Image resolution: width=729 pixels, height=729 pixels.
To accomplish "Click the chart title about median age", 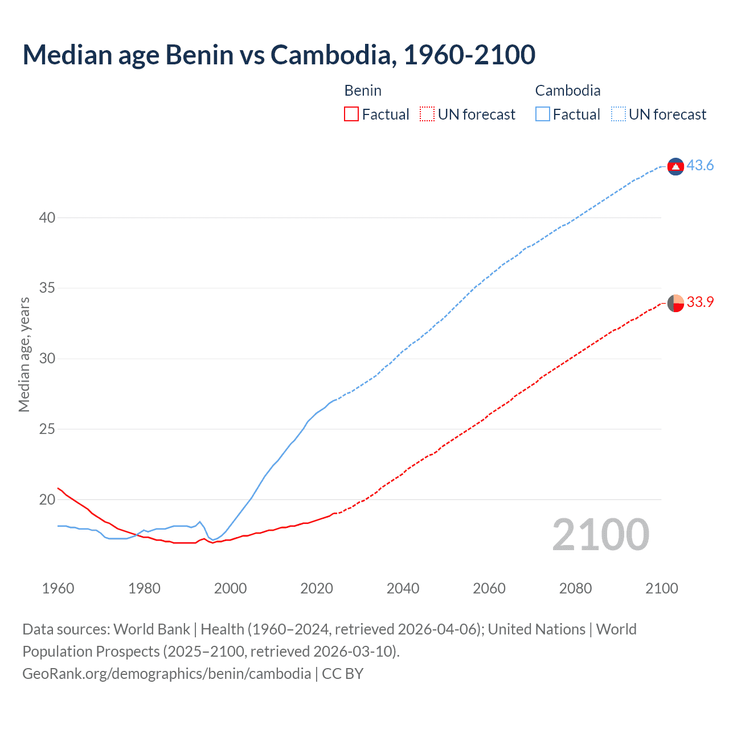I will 279,55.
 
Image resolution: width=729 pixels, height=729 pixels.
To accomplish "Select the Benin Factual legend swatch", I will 351,114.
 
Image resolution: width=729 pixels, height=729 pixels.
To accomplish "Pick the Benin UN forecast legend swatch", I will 427,114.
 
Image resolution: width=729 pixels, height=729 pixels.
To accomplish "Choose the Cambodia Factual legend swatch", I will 542,114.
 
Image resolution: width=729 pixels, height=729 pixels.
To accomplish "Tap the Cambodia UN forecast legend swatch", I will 618,114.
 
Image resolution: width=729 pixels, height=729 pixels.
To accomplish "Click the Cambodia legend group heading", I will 567,91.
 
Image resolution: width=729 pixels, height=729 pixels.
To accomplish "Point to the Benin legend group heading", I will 363,91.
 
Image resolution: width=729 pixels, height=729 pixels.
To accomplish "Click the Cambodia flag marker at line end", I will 675,166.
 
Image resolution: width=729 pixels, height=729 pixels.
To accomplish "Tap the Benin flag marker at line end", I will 675,303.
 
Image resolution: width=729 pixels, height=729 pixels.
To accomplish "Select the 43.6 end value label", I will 700,166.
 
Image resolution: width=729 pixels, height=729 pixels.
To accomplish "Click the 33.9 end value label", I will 700,302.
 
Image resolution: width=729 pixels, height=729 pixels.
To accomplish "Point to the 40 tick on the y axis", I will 47,218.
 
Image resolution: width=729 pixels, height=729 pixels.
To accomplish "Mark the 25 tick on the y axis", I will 47,429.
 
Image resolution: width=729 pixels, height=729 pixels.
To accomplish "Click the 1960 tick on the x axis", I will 58,588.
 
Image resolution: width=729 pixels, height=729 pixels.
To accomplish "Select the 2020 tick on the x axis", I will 317,588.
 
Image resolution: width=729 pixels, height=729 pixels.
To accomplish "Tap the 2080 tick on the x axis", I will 575,588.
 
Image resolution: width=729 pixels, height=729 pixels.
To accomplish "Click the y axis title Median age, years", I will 24,354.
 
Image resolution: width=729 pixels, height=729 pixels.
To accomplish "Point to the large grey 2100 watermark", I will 600,534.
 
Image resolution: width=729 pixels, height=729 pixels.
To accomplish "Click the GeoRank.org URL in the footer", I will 167,674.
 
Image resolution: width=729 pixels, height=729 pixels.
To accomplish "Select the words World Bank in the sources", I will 151,629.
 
